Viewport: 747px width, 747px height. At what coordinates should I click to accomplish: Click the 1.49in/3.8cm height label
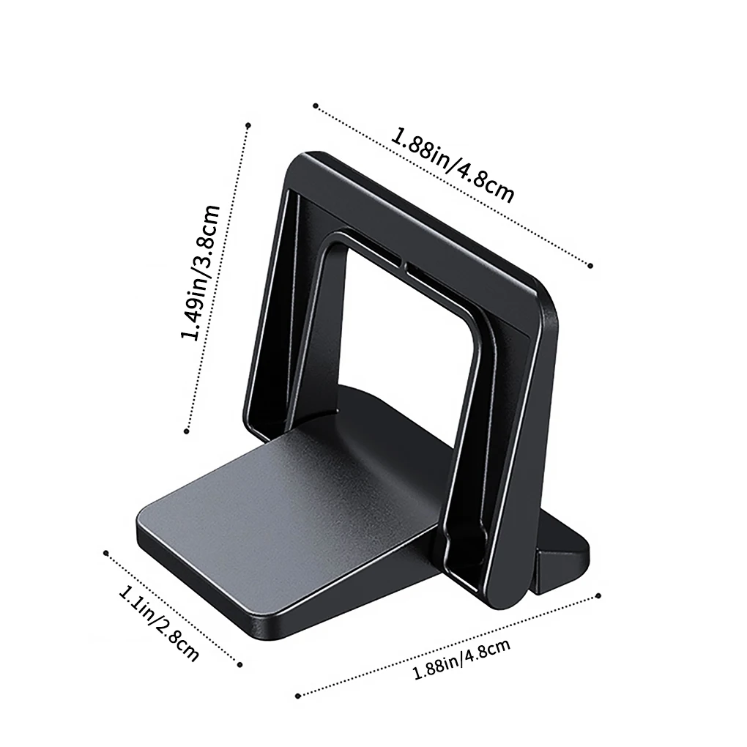[201, 273]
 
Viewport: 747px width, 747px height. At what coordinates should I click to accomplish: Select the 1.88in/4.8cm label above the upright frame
[453, 166]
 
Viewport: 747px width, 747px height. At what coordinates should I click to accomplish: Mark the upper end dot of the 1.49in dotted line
[248, 124]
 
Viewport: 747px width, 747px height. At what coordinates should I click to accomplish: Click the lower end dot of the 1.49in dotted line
[187, 431]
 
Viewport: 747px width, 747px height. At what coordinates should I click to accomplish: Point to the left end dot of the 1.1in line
[106, 553]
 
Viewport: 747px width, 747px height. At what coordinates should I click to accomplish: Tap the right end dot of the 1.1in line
[240, 665]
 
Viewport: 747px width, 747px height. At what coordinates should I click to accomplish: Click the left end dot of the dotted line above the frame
[315, 105]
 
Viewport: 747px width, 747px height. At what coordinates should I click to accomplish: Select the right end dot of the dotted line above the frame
[591, 266]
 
